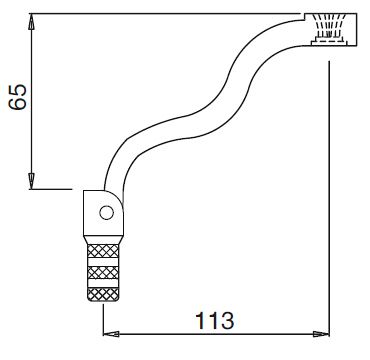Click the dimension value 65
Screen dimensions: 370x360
coord(18,97)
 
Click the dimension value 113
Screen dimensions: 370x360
coord(215,321)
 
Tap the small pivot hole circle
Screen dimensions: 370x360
coord(107,213)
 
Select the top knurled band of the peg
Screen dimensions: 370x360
coord(103,251)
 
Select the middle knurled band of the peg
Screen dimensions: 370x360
coord(103,273)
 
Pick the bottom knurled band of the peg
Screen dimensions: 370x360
coord(103,294)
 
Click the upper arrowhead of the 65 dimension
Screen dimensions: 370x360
coord(31,22)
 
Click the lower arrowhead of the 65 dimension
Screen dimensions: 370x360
coord(31,181)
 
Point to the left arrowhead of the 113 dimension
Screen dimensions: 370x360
coord(111,334)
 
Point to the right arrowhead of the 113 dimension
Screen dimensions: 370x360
coord(321,334)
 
